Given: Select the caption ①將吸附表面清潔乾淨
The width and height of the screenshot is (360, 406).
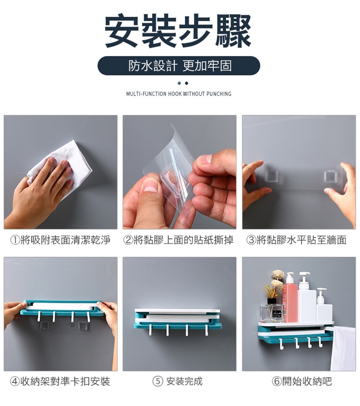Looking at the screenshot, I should click(x=60, y=240).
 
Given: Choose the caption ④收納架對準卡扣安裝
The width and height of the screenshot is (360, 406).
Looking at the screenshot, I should click(x=60, y=381).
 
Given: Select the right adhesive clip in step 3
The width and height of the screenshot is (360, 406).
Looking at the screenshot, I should click(x=330, y=176).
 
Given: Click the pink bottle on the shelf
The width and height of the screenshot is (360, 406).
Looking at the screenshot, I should click(x=290, y=300).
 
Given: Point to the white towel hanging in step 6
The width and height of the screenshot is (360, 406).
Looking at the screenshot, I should click(x=343, y=348).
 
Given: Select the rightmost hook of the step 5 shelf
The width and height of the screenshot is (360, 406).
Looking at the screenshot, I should click(x=206, y=331).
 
